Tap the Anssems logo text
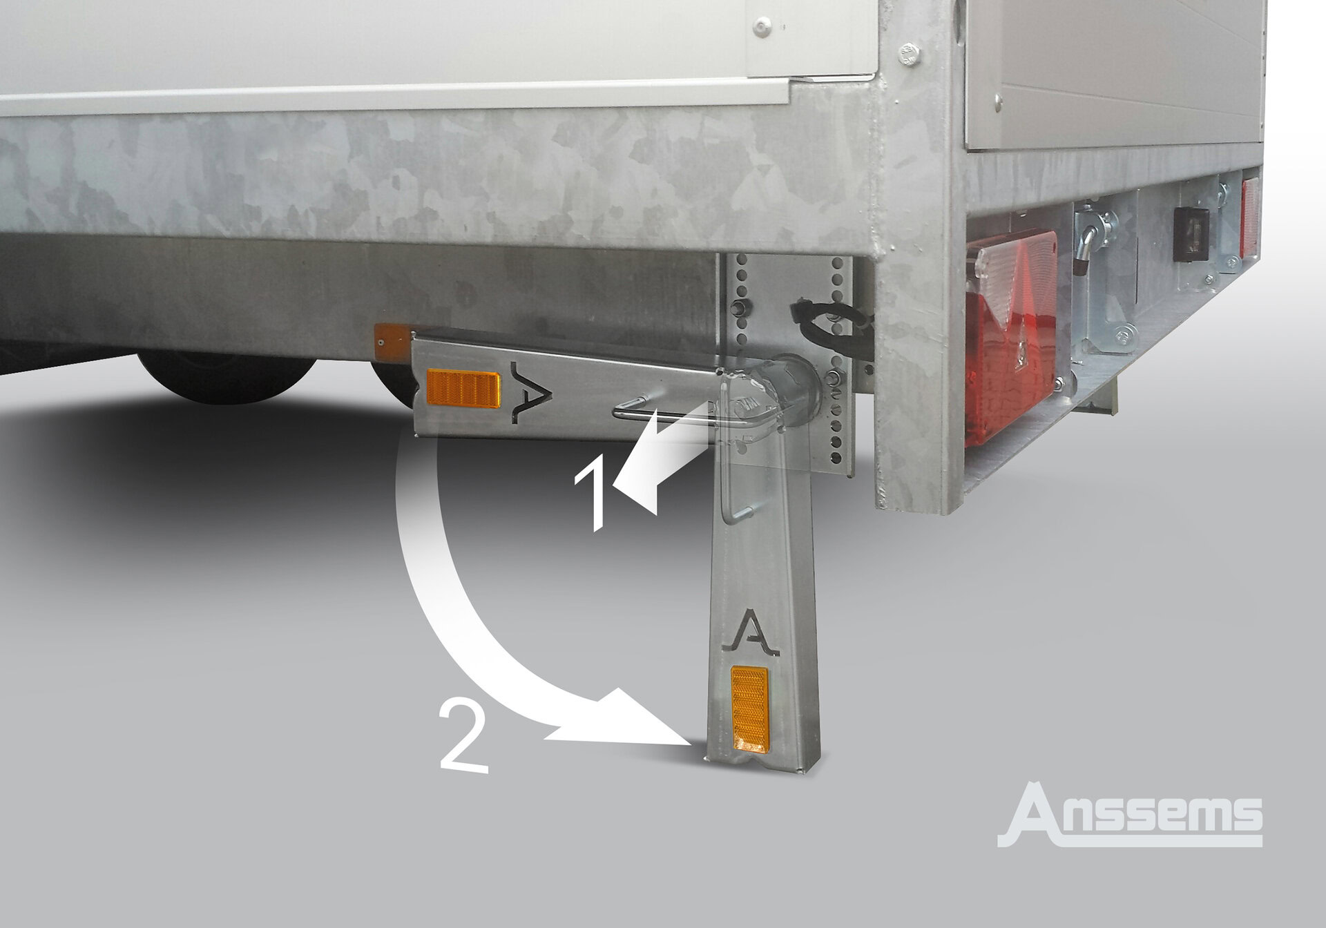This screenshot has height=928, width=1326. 1130,814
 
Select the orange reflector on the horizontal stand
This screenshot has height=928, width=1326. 463,389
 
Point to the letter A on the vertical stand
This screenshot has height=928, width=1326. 754,632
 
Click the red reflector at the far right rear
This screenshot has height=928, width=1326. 1250,206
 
